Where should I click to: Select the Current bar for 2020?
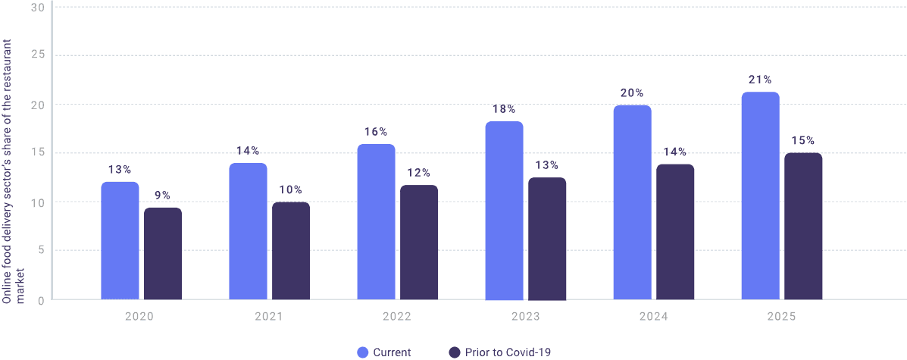[120, 240]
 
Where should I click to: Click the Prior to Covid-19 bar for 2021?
[291, 250]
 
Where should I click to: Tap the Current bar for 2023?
[504, 211]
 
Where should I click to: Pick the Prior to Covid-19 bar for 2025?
[803, 226]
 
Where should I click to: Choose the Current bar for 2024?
[632, 202]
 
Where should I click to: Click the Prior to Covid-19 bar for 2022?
[419, 242]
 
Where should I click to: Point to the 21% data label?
[760, 80]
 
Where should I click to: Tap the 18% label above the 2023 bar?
[505, 108]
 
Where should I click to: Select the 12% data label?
[419, 172]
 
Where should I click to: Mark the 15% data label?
[803, 140]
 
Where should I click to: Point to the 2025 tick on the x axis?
[781, 316]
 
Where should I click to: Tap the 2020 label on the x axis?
[139, 316]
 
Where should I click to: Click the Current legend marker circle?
[362, 352]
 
